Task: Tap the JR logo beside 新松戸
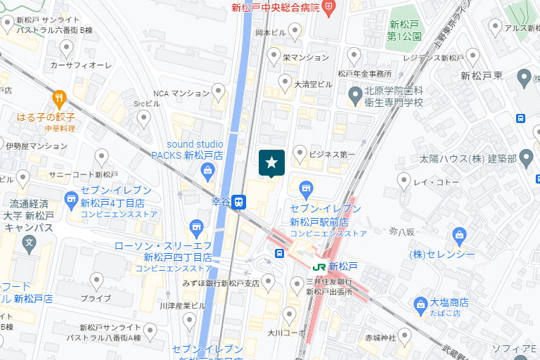coord(319,266)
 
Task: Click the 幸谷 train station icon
coord(239,202)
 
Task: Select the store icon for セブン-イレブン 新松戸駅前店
coord(305,188)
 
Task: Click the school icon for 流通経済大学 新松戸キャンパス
coord(30,245)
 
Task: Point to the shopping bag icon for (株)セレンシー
coord(460,234)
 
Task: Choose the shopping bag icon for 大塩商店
coord(420,304)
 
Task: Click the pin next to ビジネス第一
coord(300,153)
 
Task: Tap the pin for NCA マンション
coord(219,91)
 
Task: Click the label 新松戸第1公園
coord(406,30)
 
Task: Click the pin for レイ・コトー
coord(404,181)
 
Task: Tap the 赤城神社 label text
coord(380,338)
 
